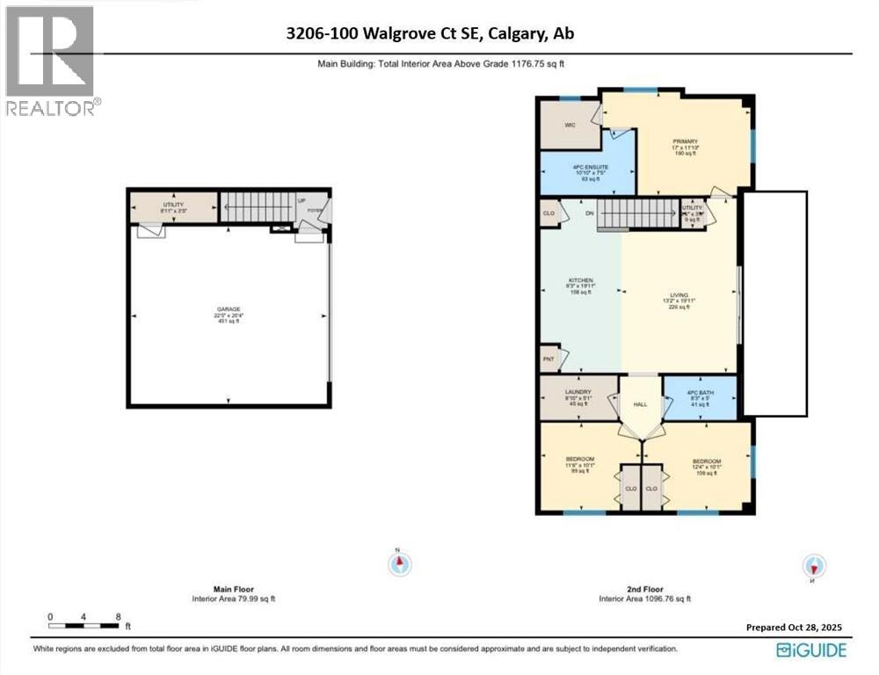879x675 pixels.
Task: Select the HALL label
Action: pyautogui.click(x=640, y=405)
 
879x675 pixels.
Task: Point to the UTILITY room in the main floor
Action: pyautogui.click(x=172, y=207)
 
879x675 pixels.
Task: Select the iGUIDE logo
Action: pyautogui.click(x=811, y=650)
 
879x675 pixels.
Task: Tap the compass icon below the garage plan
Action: pyautogui.click(x=400, y=562)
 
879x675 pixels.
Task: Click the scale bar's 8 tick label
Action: pyautogui.click(x=118, y=617)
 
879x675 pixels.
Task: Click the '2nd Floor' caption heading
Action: pyautogui.click(x=645, y=589)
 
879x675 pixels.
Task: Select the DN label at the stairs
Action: pyautogui.click(x=590, y=213)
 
